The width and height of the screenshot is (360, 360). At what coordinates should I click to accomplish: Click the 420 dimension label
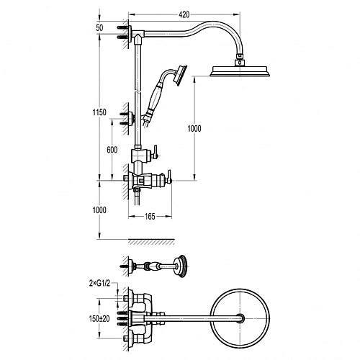pyautogui.click(x=184, y=14)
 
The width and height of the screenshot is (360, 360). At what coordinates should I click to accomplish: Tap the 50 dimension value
pyautogui.click(x=99, y=28)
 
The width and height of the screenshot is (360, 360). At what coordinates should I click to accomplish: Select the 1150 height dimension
pyautogui.click(x=99, y=112)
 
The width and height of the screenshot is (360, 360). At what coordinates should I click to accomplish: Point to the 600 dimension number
pyautogui.click(x=112, y=150)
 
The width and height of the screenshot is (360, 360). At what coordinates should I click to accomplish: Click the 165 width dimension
pyautogui.click(x=150, y=217)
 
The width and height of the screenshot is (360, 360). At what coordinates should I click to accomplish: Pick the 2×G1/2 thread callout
pyautogui.click(x=99, y=284)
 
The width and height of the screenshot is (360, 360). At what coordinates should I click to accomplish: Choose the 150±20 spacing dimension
pyautogui.click(x=99, y=319)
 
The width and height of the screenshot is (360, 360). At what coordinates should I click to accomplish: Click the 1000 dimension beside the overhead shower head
pyautogui.click(x=194, y=129)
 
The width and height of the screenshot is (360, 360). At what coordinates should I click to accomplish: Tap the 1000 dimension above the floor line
pyautogui.click(x=99, y=210)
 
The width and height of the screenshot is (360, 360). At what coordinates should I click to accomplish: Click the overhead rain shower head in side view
pyautogui.click(x=240, y=71)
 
